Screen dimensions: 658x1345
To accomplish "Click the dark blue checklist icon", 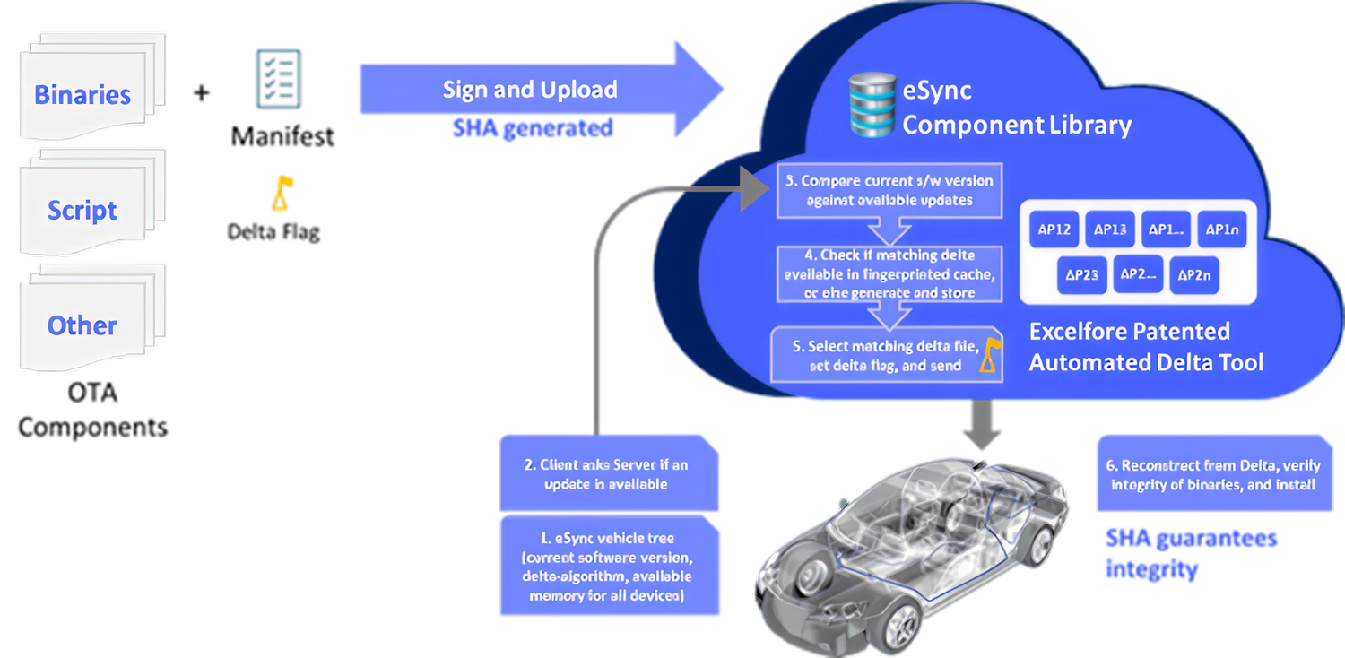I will pos(278,79).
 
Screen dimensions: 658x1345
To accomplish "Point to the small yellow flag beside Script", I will pos(282,193).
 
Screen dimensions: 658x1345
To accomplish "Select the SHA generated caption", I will pos(533,128).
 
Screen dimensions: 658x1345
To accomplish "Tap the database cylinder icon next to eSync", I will pos(872,105).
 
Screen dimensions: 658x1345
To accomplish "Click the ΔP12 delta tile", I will pos(1054,229).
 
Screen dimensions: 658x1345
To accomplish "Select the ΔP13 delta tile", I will pos(1111,229).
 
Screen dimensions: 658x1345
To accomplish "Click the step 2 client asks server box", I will pos(608,474).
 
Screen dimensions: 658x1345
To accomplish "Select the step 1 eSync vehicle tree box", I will pos(610,565).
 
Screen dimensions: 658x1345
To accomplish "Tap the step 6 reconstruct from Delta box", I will pos(1214,474).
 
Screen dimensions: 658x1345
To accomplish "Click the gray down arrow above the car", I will pos(983,426).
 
